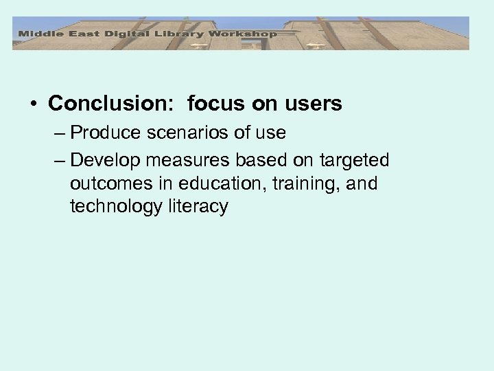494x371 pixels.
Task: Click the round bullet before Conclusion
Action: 33,104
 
